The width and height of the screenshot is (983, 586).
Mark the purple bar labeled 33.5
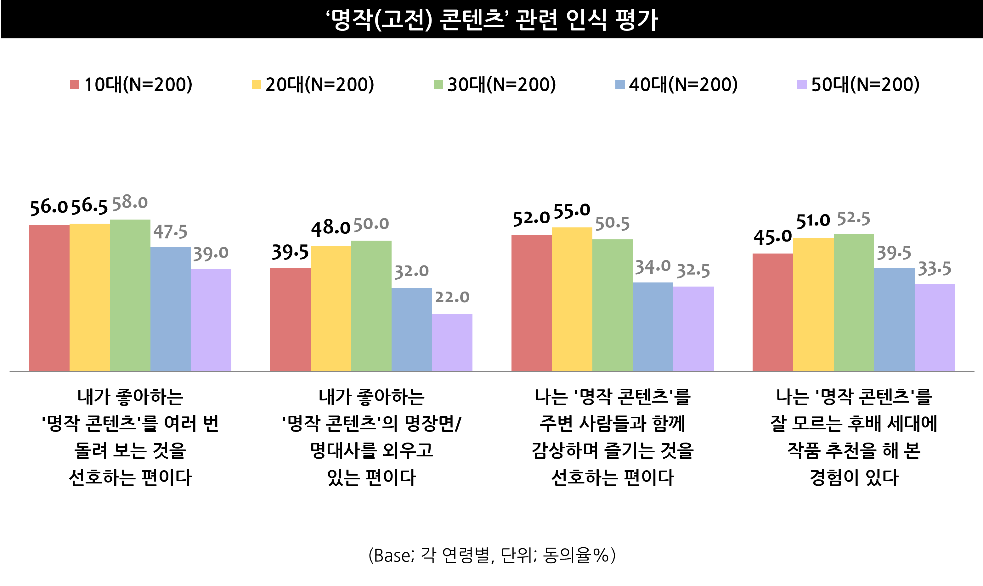(935, 327)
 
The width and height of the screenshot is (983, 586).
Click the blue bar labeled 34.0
(653, 326)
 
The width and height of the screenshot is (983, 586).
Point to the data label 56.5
(89, 207)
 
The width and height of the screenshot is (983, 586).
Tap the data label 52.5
(853, 218)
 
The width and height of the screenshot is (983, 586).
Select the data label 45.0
(772, 237)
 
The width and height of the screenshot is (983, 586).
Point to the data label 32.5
(693, 271)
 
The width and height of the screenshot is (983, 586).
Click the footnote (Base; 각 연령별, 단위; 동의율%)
(492, 555)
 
